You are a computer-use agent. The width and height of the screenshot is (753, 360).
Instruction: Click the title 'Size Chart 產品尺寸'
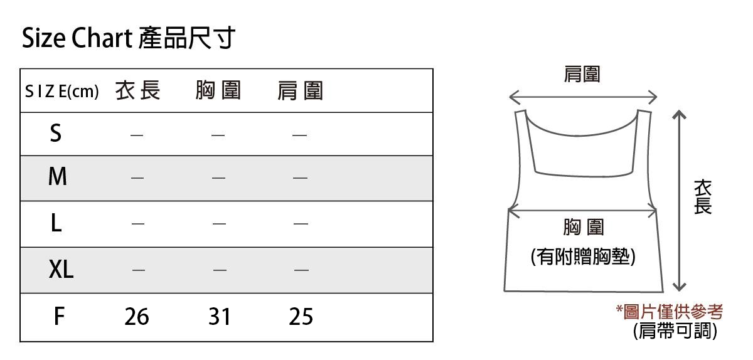point(128,39)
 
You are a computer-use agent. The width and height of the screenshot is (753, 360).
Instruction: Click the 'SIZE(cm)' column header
point(62,92)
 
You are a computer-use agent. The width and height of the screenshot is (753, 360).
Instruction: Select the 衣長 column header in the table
point(138,92)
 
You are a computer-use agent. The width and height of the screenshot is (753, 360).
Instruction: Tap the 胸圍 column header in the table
point(218,92)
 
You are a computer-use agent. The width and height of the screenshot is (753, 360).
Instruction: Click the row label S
point(56,133)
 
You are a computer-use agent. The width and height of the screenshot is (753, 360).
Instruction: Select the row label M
point(57,177)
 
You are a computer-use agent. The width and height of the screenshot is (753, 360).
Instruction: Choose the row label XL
point(61,270)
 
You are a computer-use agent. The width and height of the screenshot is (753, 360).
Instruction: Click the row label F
point(58,316)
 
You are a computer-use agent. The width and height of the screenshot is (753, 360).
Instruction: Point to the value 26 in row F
point(137,317)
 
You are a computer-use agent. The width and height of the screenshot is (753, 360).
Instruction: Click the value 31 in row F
point(219,317)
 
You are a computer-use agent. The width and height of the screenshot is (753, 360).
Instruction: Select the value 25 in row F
point(301,317)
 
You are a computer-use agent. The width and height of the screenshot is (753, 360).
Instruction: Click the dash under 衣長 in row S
point(137,134)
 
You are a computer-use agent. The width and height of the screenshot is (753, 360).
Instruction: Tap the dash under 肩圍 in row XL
point(301,270)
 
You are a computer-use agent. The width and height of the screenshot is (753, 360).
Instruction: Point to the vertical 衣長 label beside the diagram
point(703,197)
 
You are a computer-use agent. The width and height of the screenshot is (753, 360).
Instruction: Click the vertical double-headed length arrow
point(678,201)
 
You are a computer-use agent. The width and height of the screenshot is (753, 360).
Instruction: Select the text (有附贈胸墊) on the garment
point(583,257)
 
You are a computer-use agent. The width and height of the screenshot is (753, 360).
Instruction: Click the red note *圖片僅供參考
point(670,311)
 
